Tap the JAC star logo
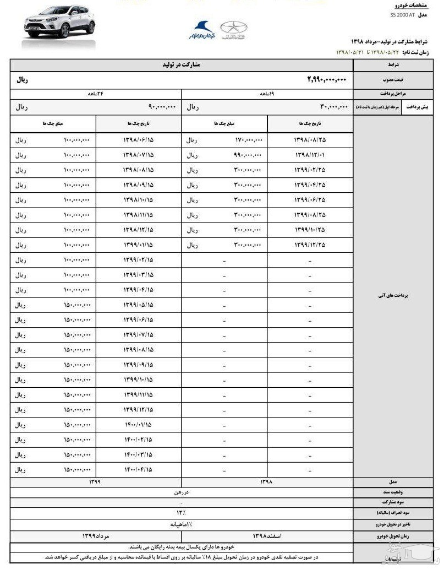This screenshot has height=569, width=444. pos(233,30)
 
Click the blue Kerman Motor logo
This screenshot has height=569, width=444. pos(201,30)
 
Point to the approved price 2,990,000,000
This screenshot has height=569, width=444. pos(327,80)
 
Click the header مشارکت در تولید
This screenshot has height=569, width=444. pos(181,65)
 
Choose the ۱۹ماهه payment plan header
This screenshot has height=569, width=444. pos(267,94)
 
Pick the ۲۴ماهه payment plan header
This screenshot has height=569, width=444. pos(96,94)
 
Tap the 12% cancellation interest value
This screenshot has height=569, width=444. pos(181,513)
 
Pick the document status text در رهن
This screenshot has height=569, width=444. pos(181,492)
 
